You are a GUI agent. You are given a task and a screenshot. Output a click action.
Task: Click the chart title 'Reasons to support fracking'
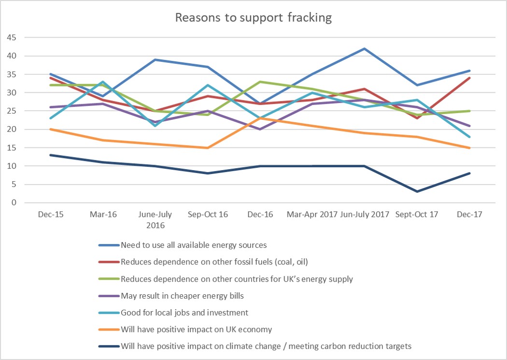click(x=253, y=18)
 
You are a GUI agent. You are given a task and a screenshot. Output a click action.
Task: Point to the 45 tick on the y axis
click(x=11, y=38)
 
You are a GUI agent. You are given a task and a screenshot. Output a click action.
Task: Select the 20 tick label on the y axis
click(x=11, y=130)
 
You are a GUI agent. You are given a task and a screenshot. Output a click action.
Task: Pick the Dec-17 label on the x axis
click(x=469, y=214)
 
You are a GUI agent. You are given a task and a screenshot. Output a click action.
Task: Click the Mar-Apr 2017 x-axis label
click(x=312, y=214)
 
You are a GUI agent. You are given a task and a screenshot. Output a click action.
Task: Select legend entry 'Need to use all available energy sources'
click(x=193, y=245)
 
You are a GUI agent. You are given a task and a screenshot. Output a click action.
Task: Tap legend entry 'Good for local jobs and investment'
click(x=184, y=313)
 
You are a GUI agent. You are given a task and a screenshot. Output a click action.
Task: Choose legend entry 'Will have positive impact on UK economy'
click(x=197, y=330)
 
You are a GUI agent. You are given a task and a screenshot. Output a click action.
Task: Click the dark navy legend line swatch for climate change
click(x=108, y=346)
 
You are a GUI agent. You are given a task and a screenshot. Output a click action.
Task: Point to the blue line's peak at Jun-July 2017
click(x=365, y=48)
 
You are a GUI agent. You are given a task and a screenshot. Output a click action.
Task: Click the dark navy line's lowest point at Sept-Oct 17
click(x=417, y=192)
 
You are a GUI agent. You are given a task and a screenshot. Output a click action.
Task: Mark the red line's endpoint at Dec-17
click(x=469, y=78)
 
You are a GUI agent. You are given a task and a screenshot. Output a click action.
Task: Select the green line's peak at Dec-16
click(x=260, y=82)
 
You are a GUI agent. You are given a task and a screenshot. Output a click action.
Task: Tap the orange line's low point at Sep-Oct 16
click(x=208, y=148)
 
